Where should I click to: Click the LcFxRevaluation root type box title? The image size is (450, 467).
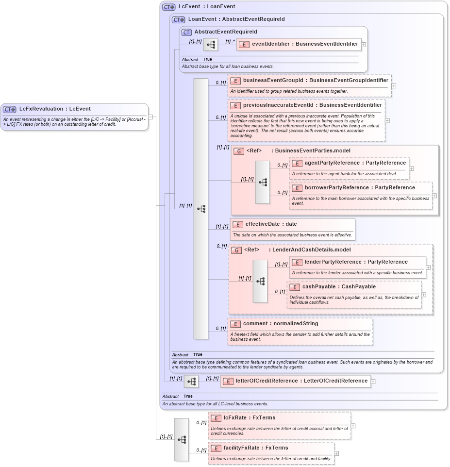click(x=55, y=109)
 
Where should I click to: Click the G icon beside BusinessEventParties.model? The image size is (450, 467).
click(x=238, y=151)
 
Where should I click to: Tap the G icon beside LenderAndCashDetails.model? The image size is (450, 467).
click(x=236, y=250)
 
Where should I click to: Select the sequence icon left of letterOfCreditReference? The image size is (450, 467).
click(x=191, y=382)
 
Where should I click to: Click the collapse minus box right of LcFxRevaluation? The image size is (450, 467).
click(x=151, y=117)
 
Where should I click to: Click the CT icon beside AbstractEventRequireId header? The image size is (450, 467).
click(x=186, y=33)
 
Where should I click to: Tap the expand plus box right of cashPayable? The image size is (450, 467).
click(x=424, y=295)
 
